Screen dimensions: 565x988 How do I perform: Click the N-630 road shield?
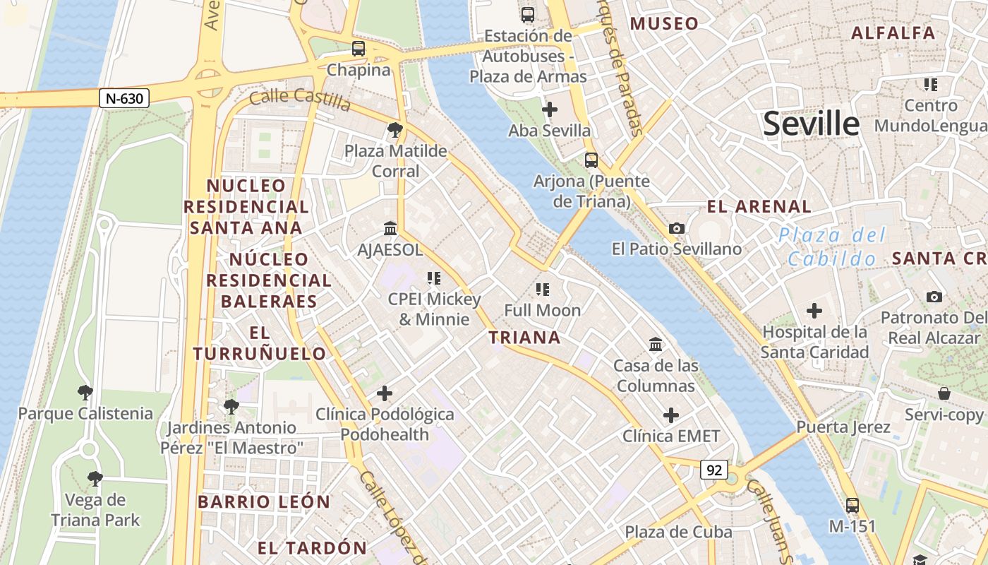coord(124,98)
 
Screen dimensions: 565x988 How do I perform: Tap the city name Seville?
coord(812,124)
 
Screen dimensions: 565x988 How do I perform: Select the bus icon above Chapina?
coord(359,49)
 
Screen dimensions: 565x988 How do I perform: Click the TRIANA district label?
coord(524,338)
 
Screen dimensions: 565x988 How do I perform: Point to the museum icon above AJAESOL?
coord(390,228)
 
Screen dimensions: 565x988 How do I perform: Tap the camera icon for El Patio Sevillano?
coord(676,228)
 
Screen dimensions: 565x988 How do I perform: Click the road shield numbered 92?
coord(714,470)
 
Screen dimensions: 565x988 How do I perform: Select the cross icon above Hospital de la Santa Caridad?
coord(814,310)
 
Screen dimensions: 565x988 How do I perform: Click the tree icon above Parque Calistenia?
coord(85,392)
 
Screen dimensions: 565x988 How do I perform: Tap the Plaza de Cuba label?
coord(678,531)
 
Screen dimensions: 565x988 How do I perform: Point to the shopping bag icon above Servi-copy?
coord(944,393)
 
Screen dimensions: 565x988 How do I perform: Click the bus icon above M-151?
coord(853,505)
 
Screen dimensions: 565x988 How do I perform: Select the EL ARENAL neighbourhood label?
coord(759,207)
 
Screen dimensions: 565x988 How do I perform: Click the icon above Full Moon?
coord(542,289)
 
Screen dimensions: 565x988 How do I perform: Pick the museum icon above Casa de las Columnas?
coord(656,344)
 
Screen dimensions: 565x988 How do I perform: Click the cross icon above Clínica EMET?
coord(671,415)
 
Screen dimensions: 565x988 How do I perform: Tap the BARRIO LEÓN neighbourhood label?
coord(264,502)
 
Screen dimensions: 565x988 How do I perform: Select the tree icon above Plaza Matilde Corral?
coord(395,130)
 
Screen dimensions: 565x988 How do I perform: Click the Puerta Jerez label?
coord(843,427)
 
